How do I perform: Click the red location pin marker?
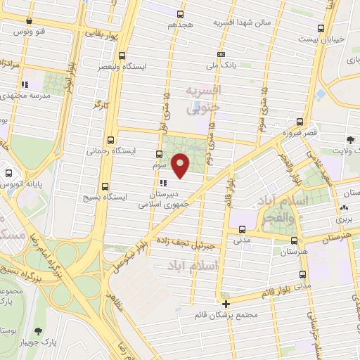(181, 165)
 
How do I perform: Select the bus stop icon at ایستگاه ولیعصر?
(123, 56)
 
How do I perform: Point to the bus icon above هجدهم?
(181, 13)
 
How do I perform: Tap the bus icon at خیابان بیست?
(321, 29)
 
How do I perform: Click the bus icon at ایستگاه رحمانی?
(110, 139)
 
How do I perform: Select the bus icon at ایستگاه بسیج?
(105, 186)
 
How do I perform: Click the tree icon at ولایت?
(351, 141)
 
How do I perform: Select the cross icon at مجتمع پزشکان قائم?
(226, 304)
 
